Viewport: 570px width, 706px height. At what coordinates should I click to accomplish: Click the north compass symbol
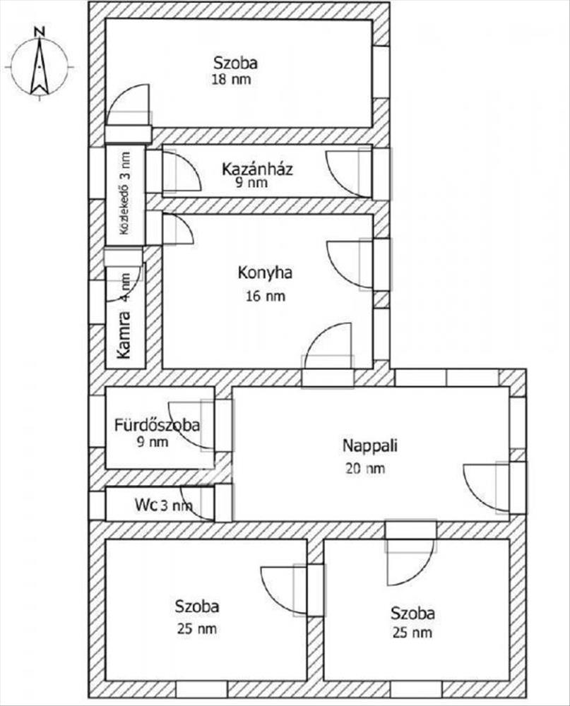tap(40, 66)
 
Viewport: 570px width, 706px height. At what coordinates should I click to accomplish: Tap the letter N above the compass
tap(40, 32)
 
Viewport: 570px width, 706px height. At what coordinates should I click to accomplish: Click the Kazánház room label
tap(257, 169)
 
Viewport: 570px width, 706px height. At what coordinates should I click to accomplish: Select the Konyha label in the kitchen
tap(265, 273)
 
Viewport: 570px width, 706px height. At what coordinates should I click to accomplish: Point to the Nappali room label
tap(370, 445)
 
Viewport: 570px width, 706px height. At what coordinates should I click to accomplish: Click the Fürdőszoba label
tap(157, 425)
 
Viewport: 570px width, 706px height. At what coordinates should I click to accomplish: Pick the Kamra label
tap(123, 335)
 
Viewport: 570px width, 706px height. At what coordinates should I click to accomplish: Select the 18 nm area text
tap(231, 80)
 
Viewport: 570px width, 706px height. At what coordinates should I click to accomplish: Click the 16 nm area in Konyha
tap(266, 296)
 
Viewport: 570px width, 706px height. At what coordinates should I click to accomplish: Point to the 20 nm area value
tap(365, 468)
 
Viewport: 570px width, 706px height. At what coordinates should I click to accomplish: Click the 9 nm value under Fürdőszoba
tap(153, 442)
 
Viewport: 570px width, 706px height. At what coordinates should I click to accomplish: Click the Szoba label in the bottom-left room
tap(197, 606)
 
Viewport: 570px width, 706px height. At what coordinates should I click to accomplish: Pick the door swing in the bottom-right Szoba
tap(410, 563)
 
